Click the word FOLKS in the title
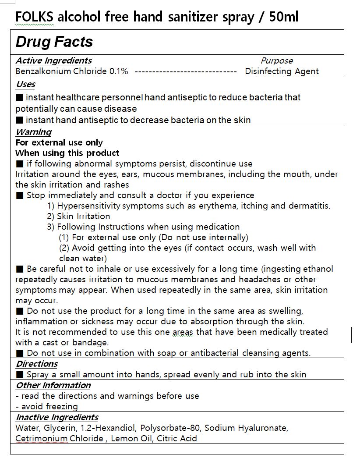35,17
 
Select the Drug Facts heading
54,42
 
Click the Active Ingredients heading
53,60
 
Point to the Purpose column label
277,61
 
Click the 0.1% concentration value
118,71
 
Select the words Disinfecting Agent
282,71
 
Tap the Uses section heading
25,84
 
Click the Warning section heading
33,132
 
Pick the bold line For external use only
59,142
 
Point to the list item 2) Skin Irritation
78,216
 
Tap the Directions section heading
37,364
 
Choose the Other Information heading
53,385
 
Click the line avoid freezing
46,406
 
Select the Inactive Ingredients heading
57,417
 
